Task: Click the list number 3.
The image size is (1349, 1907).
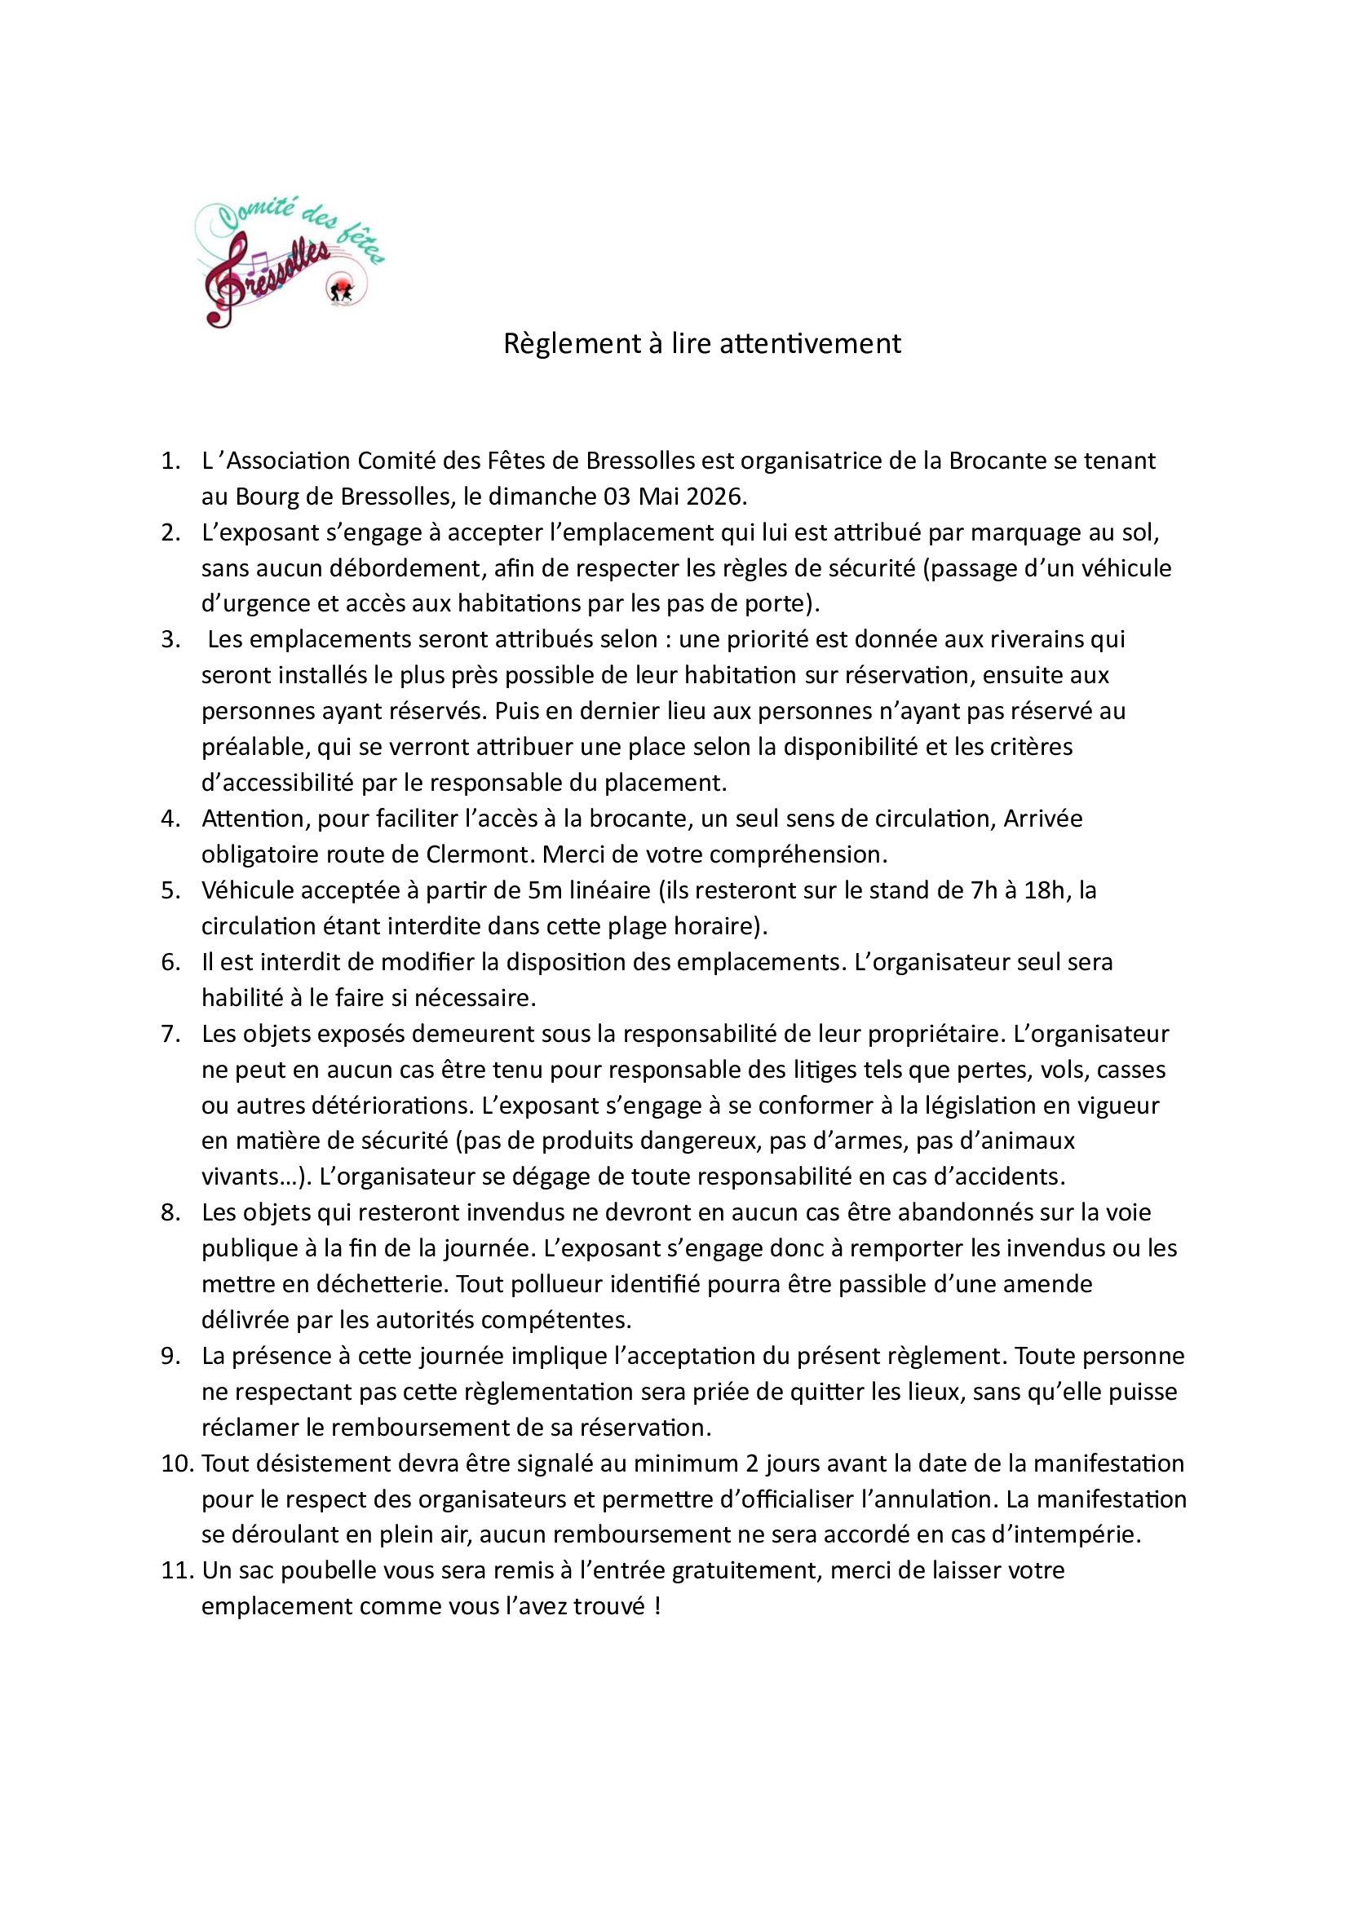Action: (x=170, y=638)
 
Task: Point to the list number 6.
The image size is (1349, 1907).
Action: (x=170, y=962)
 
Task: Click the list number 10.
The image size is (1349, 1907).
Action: (x=176, y=1463)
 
